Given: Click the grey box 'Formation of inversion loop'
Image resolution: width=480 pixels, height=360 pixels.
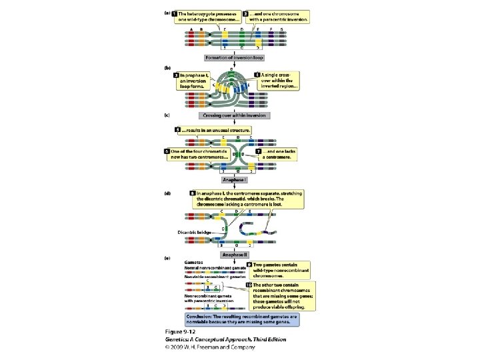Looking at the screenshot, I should [x=239, y=58].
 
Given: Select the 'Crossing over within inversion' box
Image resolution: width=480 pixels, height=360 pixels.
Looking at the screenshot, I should [x=239, y=115].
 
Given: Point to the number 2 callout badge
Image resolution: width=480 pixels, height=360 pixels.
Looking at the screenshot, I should [x=245, y=14].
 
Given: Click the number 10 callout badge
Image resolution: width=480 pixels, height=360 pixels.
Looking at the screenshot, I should [x=249, y=285].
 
